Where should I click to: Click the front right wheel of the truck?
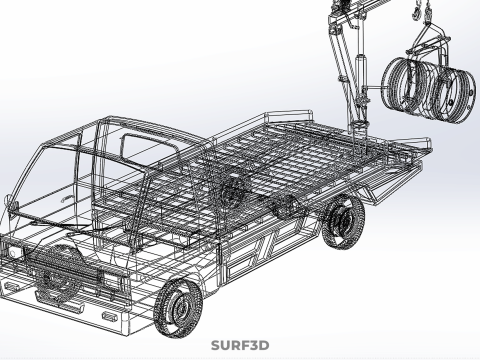click(x=178, y=307)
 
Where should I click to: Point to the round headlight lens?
click(x=13, y=253)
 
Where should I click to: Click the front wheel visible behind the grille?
click(x=56, y=272)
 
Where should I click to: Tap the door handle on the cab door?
click(x=67, y=199)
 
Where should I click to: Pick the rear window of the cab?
click(x=148, y=151)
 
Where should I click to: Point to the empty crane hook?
click(x=415, y=13)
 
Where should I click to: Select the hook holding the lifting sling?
click(x=427, y=15)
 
